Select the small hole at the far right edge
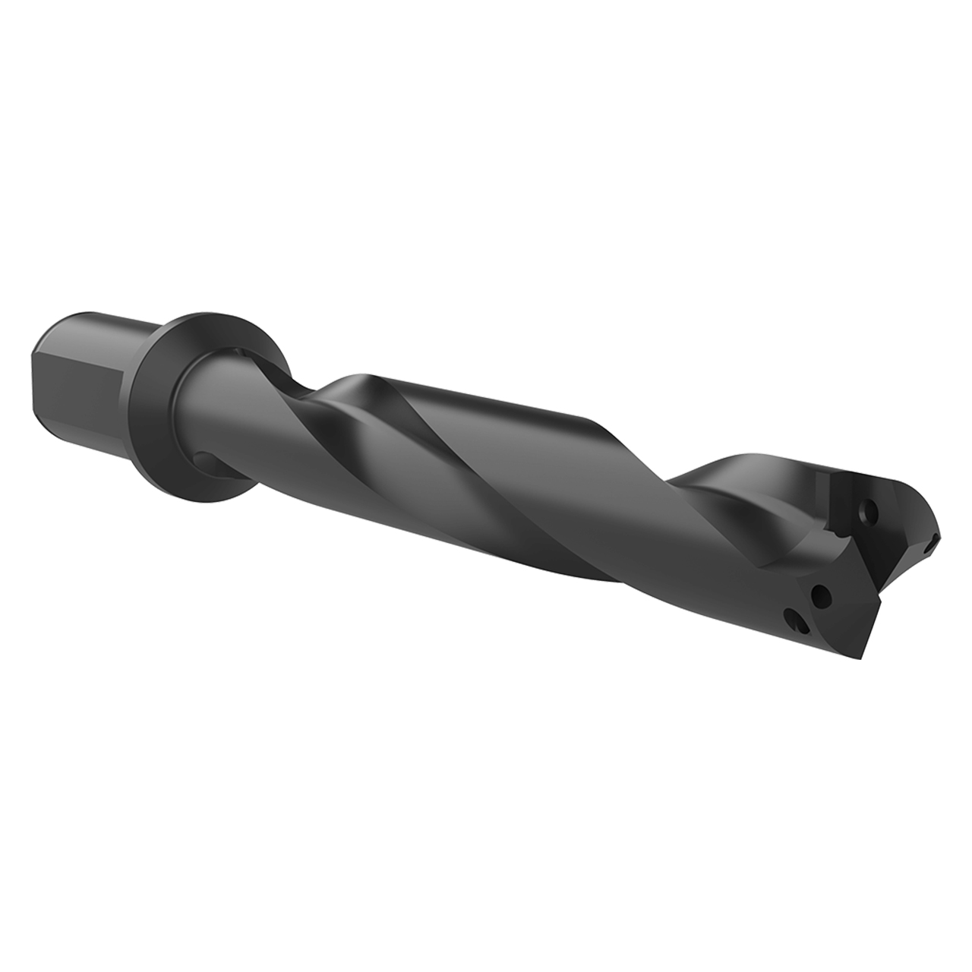(931, 544)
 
